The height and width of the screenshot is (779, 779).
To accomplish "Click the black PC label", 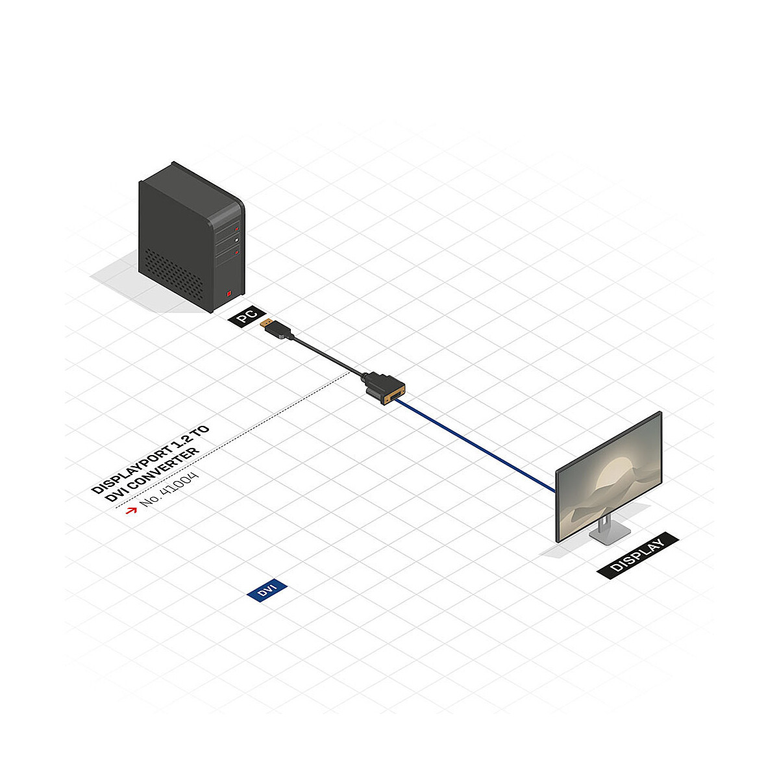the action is tap(247, 317).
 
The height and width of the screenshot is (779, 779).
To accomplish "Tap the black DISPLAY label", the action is tap(637, 555).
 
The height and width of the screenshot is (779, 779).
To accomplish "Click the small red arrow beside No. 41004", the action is tap(131, 511).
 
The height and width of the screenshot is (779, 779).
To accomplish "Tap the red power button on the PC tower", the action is tap(229, 293).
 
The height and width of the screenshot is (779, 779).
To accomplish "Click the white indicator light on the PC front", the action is tap(237, 240).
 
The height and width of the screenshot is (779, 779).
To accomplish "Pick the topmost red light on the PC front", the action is tap(237, 229).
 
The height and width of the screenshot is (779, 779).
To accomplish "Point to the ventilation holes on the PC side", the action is tap(174, 274).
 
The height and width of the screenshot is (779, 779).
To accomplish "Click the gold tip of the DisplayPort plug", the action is tap(266, 323).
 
